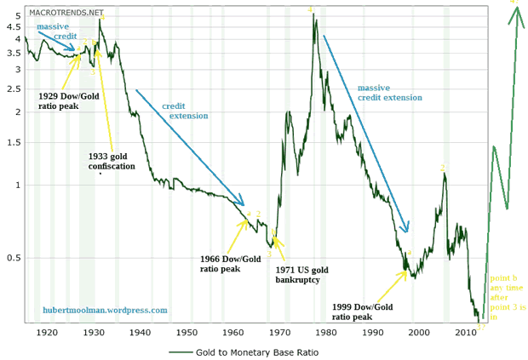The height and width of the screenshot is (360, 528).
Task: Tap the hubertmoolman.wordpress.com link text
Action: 105,311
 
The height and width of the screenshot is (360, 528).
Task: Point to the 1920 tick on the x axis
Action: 47,333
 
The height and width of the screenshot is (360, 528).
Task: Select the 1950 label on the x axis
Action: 187,333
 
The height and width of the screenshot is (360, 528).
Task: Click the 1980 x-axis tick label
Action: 325,333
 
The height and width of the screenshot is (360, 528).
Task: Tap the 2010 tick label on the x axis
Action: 463,333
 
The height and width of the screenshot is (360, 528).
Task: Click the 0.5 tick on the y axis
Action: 14,258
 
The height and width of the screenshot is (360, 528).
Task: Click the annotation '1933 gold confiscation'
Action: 111,161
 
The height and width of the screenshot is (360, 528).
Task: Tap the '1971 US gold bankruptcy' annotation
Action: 301,275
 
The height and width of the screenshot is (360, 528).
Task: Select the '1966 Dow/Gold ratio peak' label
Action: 231,263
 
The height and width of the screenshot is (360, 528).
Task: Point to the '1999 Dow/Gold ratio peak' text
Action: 362,311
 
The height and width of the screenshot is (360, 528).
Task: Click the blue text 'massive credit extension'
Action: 389,93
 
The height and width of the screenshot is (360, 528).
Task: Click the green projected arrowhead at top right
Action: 514,15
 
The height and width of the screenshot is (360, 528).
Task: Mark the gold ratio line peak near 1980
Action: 314,15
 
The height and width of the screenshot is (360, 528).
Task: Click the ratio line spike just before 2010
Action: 444,175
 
